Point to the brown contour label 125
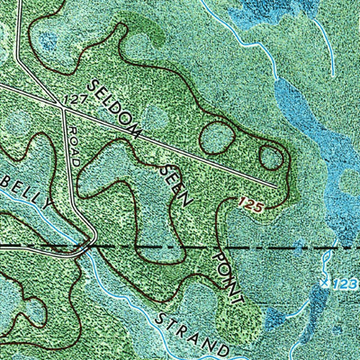[251, 206]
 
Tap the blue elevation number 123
[347, 284]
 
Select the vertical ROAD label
[73, 144]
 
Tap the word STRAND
[190, 332]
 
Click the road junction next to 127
[60, 105]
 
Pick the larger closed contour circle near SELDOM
[216, 139]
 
